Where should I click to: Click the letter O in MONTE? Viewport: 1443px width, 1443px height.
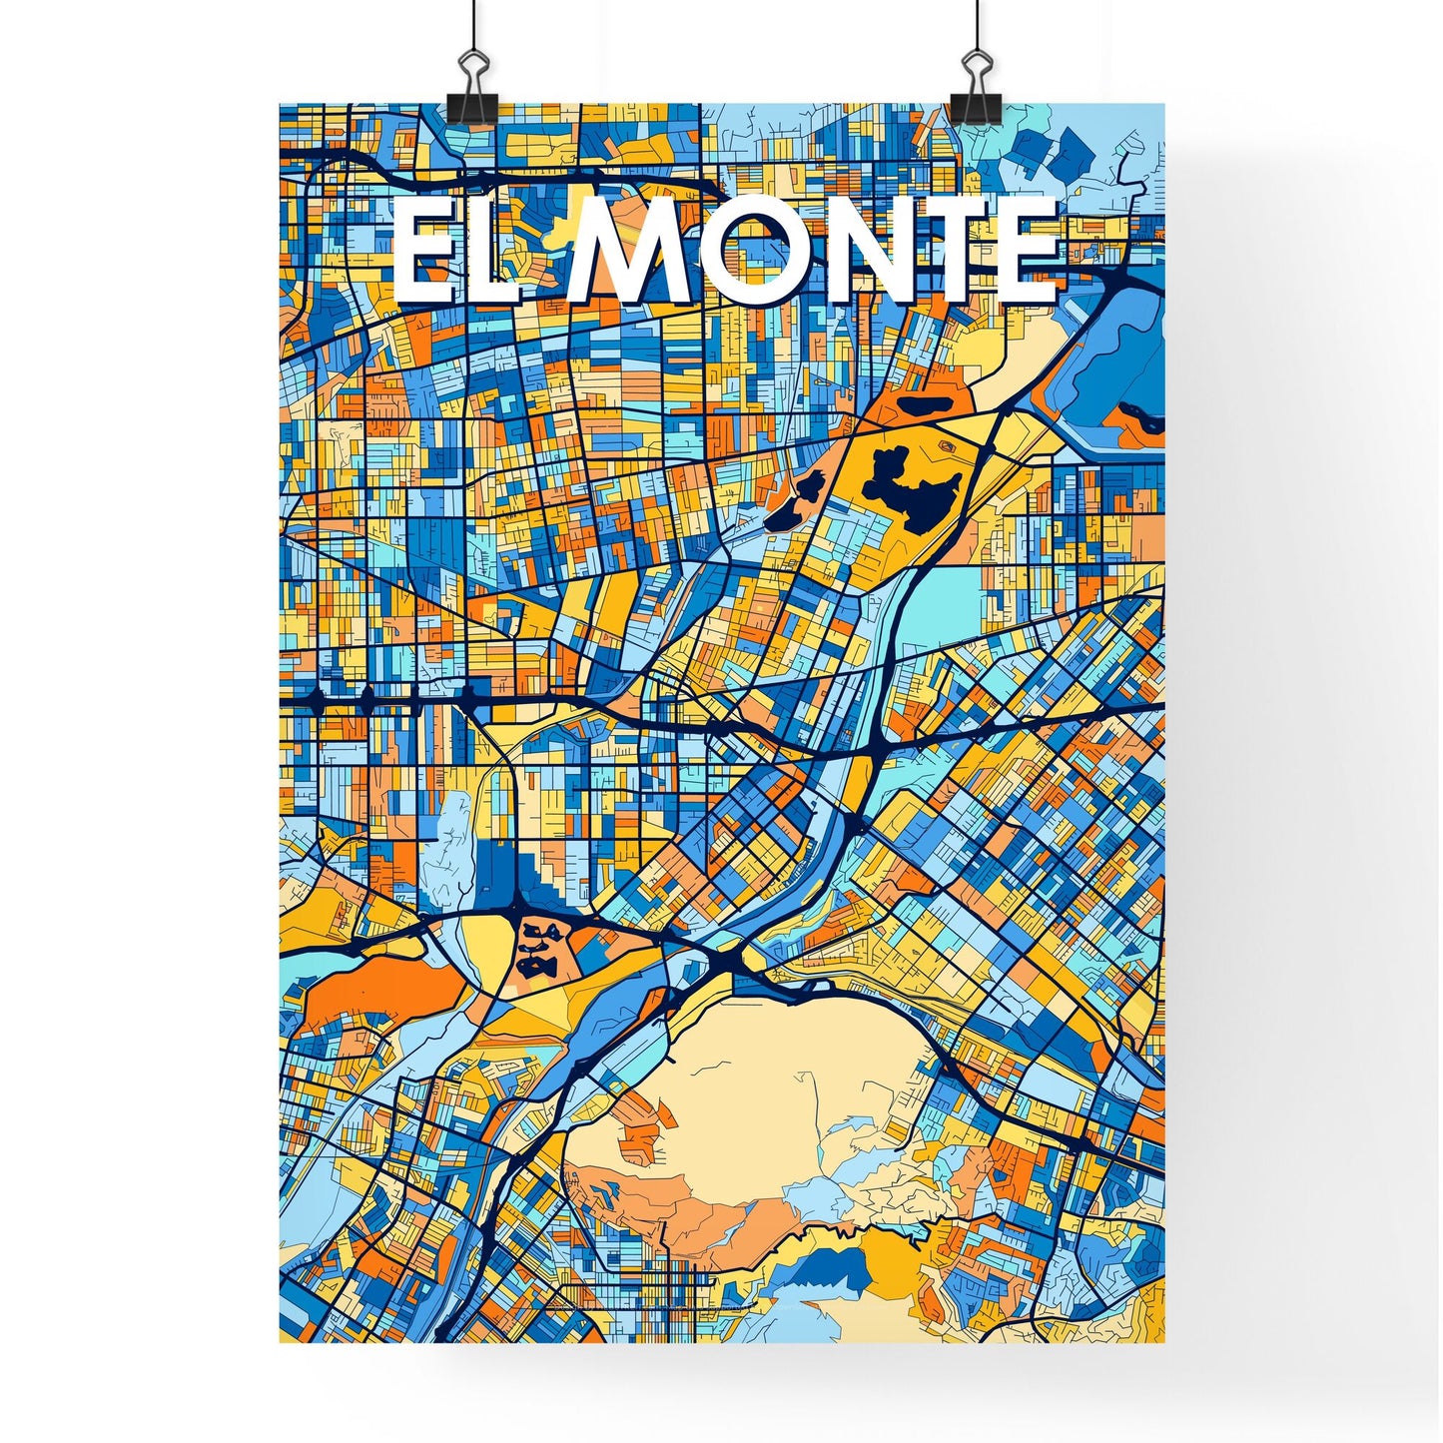tap(770, 251)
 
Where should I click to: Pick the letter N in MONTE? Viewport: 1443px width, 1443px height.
tap(885, 251)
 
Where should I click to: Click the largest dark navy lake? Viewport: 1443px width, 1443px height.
tap(914, 487)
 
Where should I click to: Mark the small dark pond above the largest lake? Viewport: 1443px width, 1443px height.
tap(923, 406)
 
